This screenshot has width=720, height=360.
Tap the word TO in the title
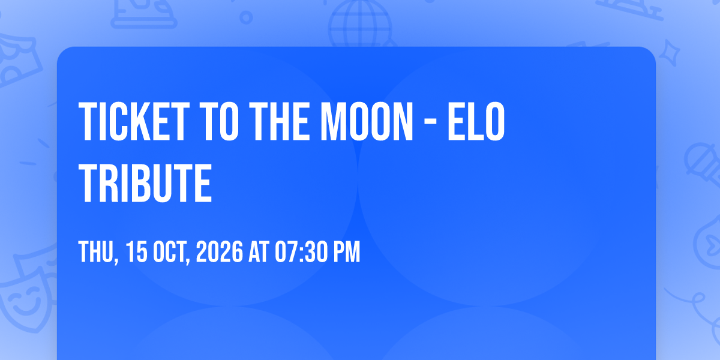pos(219,121)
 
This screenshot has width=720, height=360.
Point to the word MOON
pos(367,121)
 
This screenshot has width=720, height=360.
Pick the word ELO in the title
pos(476,121)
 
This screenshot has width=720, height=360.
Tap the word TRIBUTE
pos(145,182)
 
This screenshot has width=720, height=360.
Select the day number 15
pos(136,251)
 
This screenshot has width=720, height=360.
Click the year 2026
pos(219,251)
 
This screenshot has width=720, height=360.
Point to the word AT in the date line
pos(258,251)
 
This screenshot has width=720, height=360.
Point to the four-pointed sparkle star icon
pos(670,53)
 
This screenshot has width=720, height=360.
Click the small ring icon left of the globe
pos(246,17)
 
